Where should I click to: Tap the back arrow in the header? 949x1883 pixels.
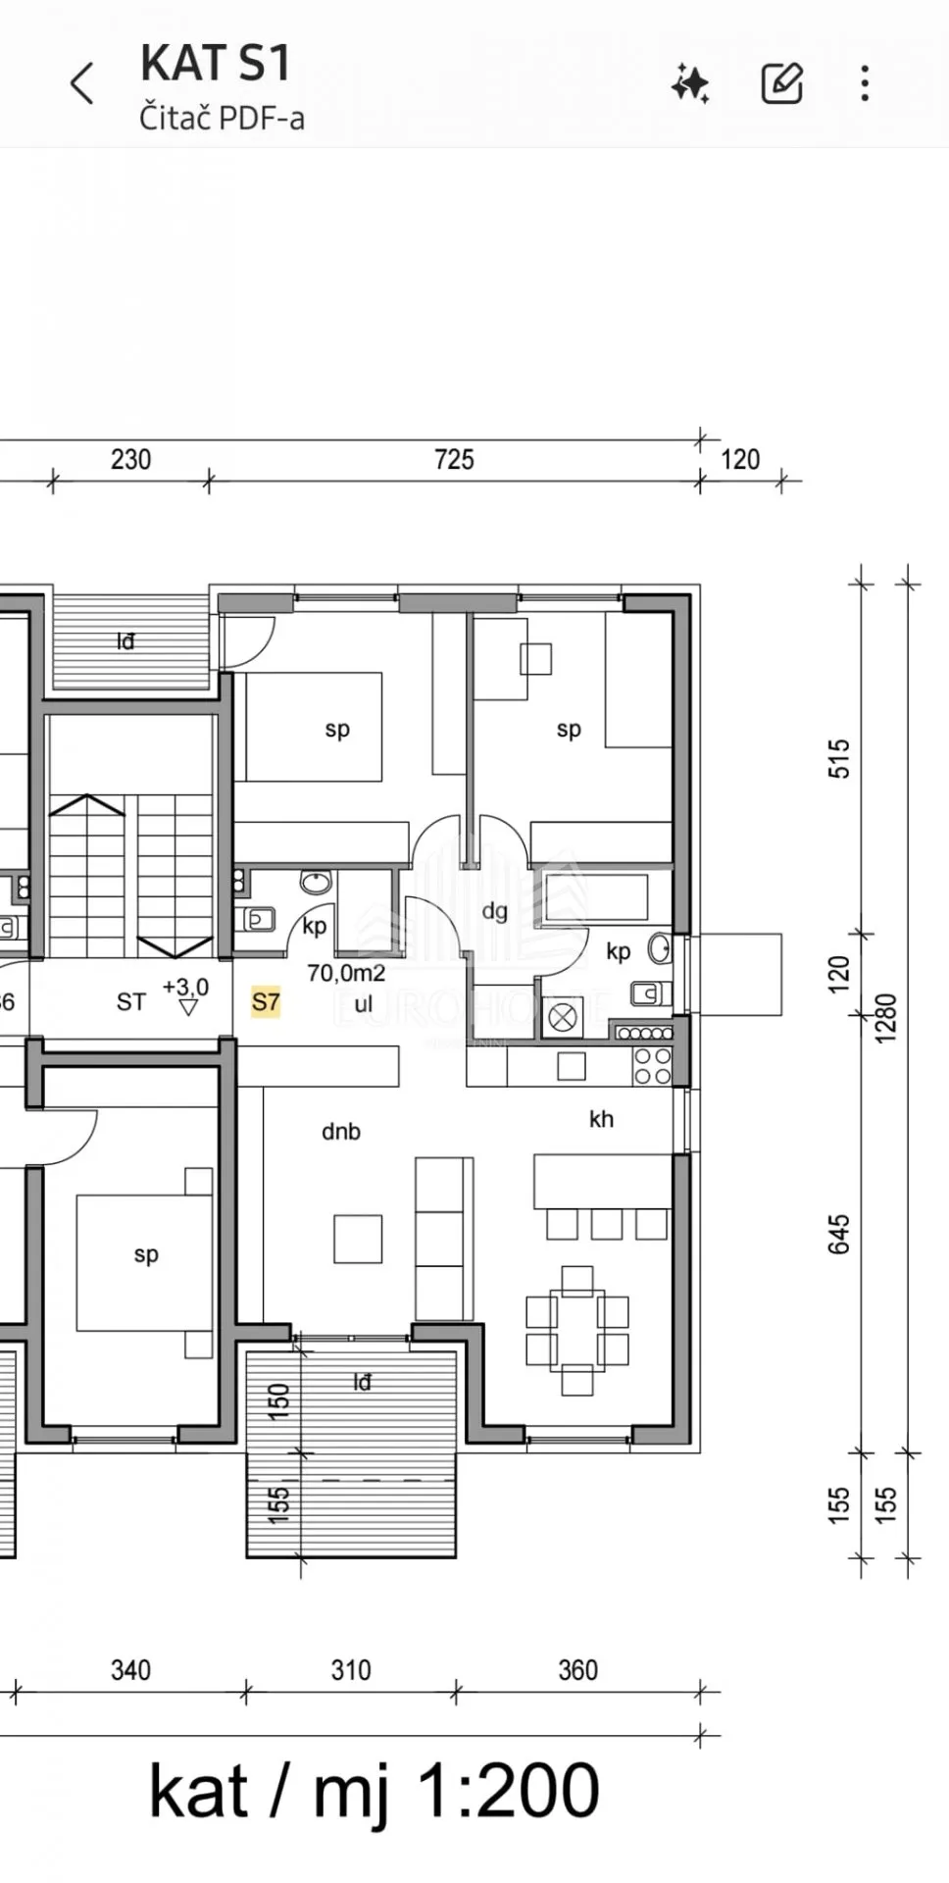coord(82,84)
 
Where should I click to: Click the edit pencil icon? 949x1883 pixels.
coord(782,84)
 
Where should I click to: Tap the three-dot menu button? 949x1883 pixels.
coord(864,84)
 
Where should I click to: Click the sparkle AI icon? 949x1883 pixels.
coord(690,84)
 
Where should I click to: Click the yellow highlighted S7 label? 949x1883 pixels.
coord(266,1001)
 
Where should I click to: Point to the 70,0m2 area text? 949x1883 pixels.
coord(346,973)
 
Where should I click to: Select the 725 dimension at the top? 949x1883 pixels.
coord(454,459)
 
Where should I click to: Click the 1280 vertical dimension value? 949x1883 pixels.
coord(885,1018)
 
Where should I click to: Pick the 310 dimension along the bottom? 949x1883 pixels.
coord(350,1670)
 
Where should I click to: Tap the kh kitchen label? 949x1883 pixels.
coord(601,1119)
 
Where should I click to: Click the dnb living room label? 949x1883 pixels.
coord(341,1132)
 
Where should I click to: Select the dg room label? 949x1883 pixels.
coord(495,911)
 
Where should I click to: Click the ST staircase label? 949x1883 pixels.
coord(130,1001)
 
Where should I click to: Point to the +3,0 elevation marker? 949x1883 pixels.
coord(185,992)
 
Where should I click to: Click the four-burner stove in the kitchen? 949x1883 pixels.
coord(653,1066)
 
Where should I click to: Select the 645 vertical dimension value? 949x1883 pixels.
coord(839,1234)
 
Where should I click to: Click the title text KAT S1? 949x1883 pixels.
coord(216,63)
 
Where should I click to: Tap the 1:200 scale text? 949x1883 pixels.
coord(508,1791)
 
